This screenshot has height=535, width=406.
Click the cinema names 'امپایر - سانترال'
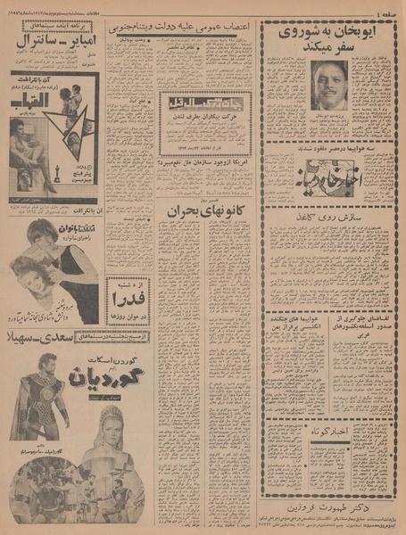54,38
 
